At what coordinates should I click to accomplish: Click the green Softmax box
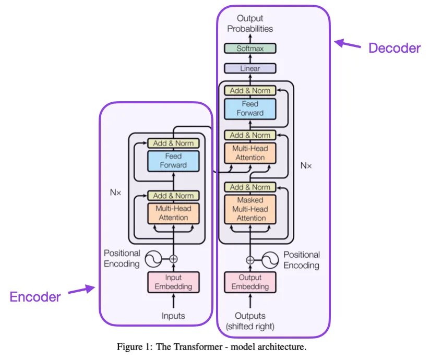tap(250, 49)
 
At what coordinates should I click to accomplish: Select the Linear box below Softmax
tap(250, 68)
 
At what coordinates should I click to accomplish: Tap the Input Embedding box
tap(173, 282)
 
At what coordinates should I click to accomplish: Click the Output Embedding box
tap(250, 282)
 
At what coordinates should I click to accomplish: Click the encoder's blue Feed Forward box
tap(173, 161)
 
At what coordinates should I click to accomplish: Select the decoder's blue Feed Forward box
tap(250, 109)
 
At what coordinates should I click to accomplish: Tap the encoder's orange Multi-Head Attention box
tap(173, 213)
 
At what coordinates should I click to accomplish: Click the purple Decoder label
tap(394, 48)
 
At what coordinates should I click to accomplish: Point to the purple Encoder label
tap(35, 297)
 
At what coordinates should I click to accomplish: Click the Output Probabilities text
tap(250, 24)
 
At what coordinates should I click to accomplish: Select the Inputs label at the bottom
tap(173, 316)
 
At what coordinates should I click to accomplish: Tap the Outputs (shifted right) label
tap(250, 321)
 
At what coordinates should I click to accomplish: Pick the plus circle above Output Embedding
tap(250, 259)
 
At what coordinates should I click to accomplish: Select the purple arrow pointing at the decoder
tap(348, 44)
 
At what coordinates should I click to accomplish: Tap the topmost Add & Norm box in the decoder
tap(250, 90)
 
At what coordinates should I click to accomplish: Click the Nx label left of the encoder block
tap(115, 192)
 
